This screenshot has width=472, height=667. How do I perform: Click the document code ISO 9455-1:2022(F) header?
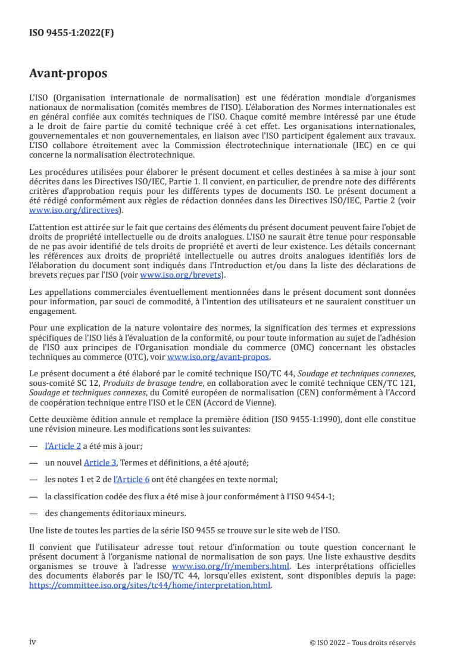point(71,33)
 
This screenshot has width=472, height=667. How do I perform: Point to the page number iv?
point(33,642)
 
